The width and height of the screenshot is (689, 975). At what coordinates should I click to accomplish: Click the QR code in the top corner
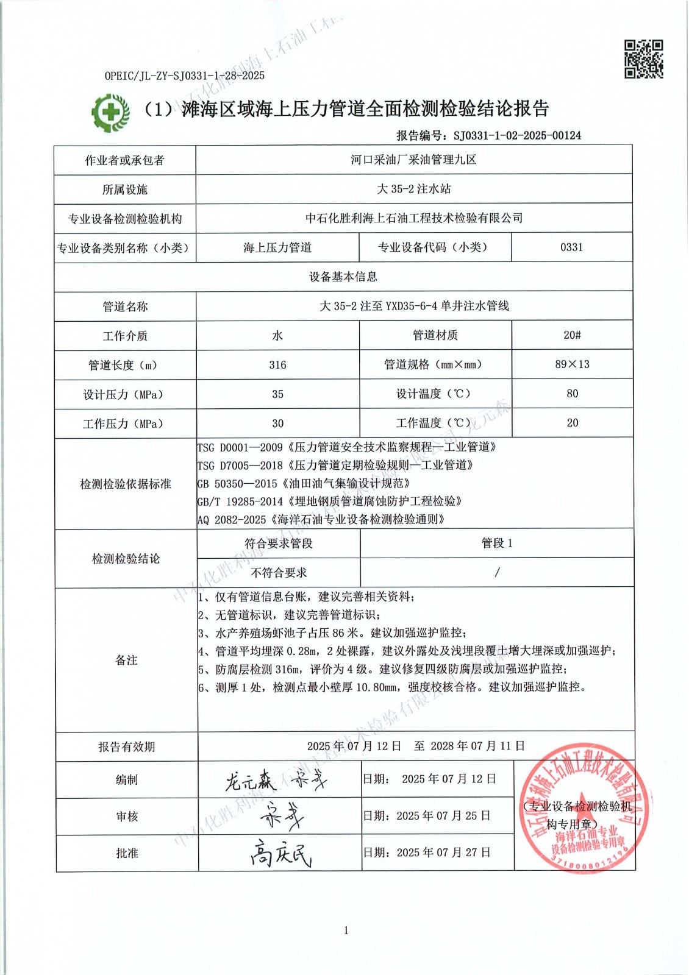pyautogui.click(x=643, y=59)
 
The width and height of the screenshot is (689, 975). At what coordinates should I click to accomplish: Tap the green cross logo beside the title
pyautogui.click(x=110, y=112)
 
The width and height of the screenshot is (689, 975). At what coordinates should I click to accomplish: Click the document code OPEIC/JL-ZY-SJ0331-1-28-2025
pyautogui.click(x=185, y=76)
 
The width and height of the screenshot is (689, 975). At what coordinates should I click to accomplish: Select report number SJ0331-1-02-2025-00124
pyautogui.click(x=515, y=135)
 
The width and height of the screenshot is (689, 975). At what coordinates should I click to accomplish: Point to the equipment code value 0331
pyautogui.click(x=571, y=247)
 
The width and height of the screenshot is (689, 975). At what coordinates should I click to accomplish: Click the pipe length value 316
pyautogui.click(x=277, y=364)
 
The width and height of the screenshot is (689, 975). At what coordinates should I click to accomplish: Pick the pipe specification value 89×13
pyautogui.click(x=572, y=364)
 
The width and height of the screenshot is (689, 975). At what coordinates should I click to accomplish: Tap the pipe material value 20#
pyautogui.click(x=572, y=335)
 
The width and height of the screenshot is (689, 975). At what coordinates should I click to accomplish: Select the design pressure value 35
pyautogui.click(x=277, y=394)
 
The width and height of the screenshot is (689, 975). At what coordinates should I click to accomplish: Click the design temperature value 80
pyautogui.click(x=572, y=393)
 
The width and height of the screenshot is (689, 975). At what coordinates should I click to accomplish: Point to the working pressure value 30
pyautogui.click(x=277, y=423)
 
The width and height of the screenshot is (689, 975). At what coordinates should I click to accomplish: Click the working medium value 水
pyautogui.click(x=277, y=335)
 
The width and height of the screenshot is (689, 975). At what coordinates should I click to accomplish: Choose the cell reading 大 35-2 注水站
pyautogui.click(x=413, y=189)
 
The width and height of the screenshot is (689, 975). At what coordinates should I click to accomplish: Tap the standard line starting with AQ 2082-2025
pyautogui.click(x=321, y=519)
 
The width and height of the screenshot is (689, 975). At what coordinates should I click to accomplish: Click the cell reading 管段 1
pyautogui.click(x=497, y=543)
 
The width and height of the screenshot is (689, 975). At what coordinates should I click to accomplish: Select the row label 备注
pyautogui.click(x=126, y=660)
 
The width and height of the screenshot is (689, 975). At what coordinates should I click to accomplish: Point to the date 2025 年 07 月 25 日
pyautogui.click(x=443, y=815)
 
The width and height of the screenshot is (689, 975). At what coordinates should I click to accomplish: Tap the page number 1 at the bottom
pyautogui.click(x=346, y=930)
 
